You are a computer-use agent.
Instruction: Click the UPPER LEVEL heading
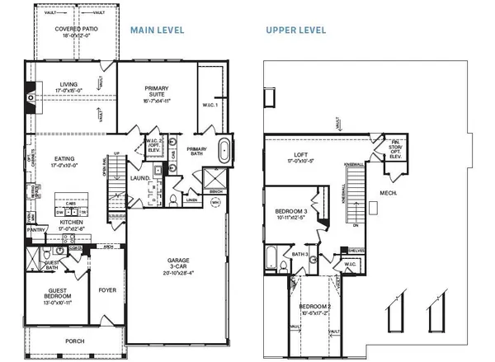pyautogui.click(x=295, y=31)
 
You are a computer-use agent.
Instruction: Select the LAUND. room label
pyautogui.click(x=139, y=177)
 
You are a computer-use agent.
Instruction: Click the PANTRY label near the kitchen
pyautogui.click(x=35, y=230)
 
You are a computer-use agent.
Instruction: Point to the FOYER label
pyautogui.click(x=107, y=289)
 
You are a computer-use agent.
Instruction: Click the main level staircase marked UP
pyautogui.click(x=117, y=173)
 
